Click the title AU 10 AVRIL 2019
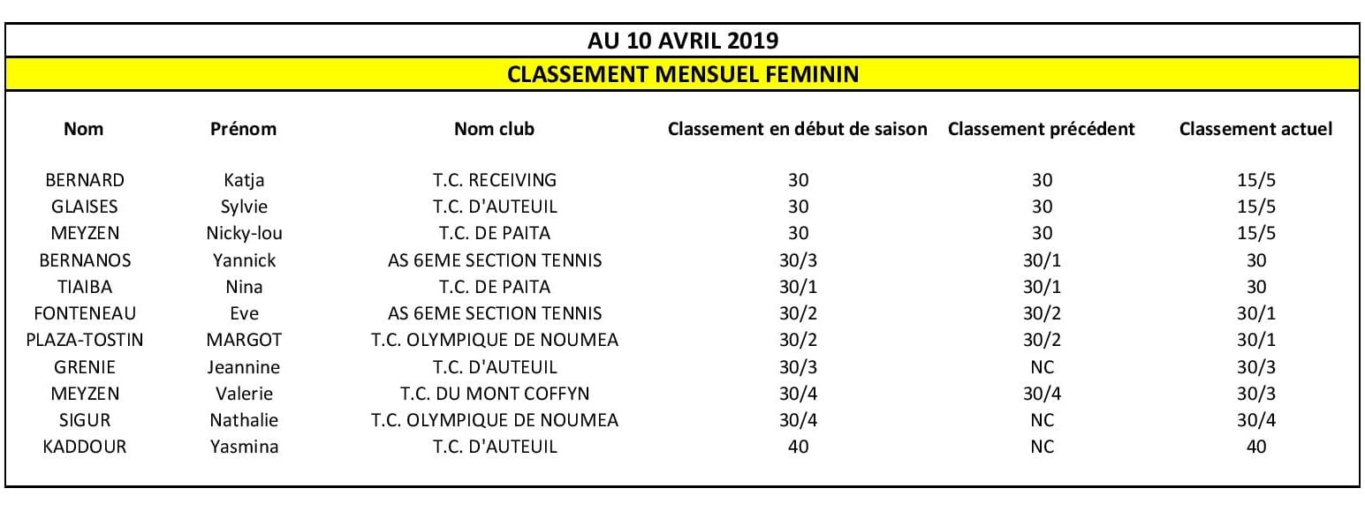pos(683,41)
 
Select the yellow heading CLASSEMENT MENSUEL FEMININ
pos(683,73)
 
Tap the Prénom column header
pos(243,129)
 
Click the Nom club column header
pos(494,129)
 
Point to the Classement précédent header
pos(1041,129)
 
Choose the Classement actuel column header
pos(1255,129)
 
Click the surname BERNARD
pos(85,180)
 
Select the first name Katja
pos(244,181)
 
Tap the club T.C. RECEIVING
pos(495,180)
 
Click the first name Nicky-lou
pos(244,234)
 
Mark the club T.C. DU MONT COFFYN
pos(495,394)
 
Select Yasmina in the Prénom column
pos(244,447)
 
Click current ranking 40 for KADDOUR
pos(1255,447)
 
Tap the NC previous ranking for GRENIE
pos(1042,367)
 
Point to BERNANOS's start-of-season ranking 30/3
pos(798,260)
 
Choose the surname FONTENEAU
pos(85,313)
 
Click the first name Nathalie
pos(244,420)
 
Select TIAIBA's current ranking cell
pos(1255,287)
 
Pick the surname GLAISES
pos(85,207)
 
